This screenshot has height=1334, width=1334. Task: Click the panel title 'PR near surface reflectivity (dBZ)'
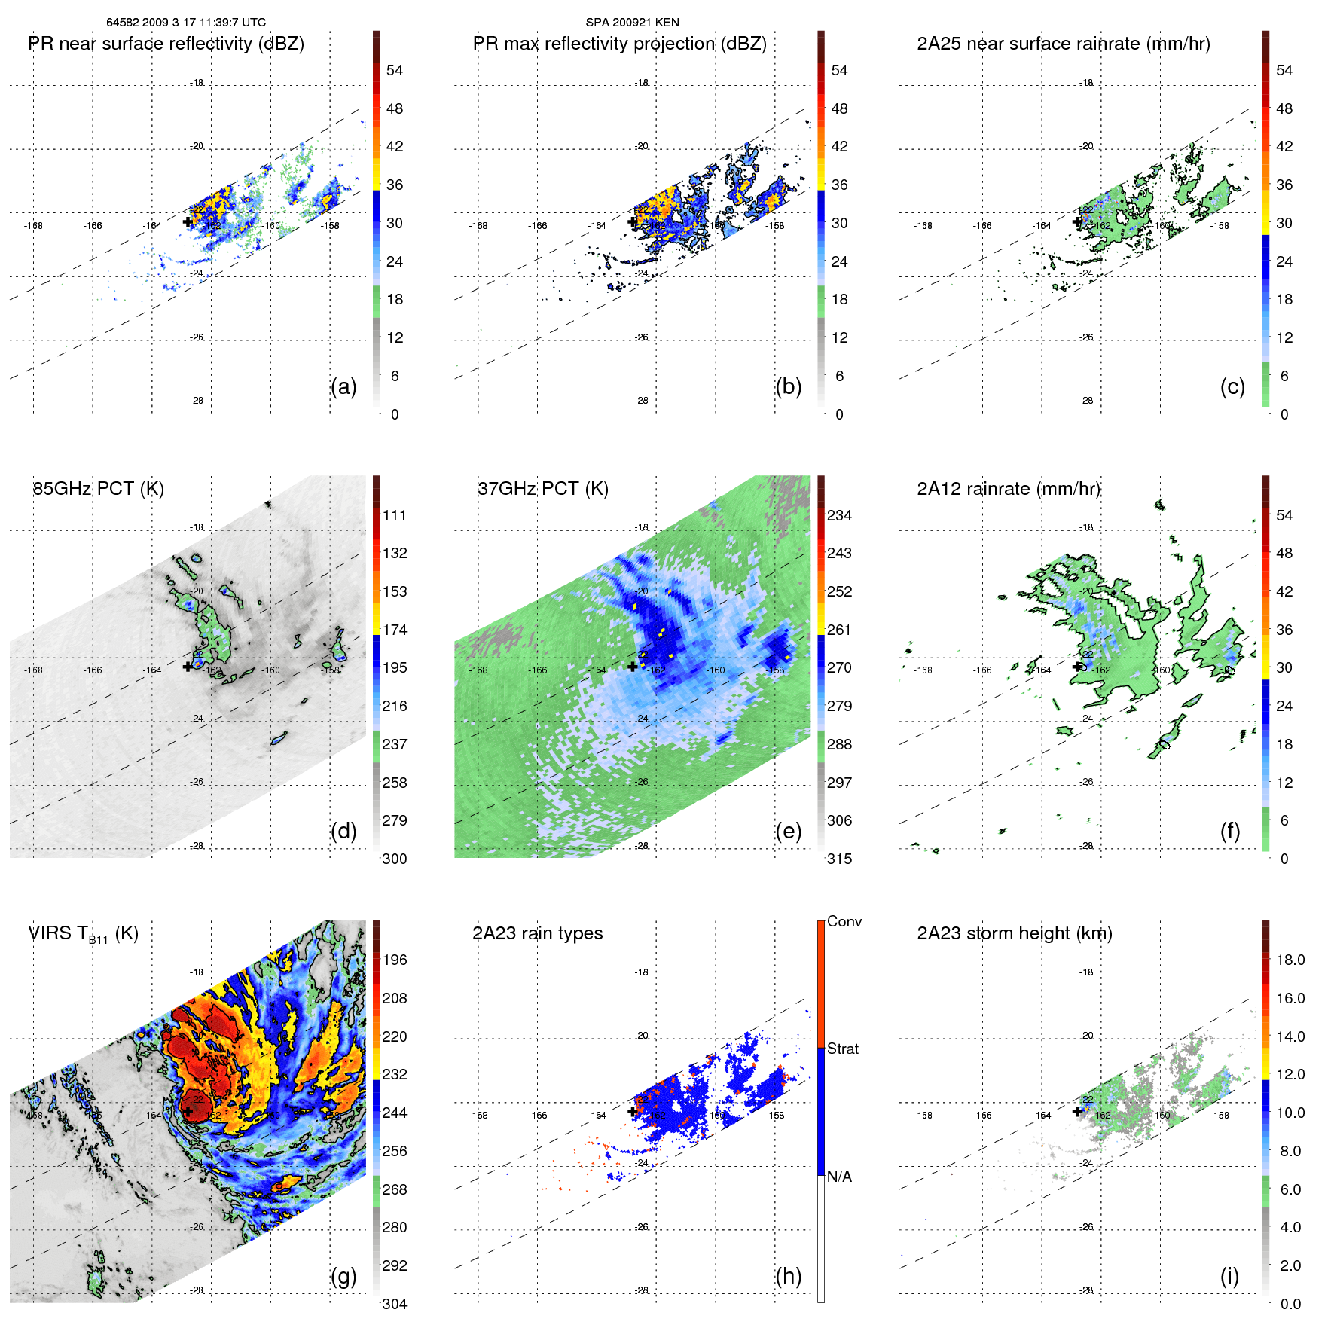[x=166, y=44]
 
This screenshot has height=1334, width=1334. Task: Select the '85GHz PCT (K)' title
[x=98, y=489]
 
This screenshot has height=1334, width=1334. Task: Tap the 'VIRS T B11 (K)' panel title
[x=83, y=934]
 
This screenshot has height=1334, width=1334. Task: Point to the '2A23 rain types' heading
[x=537, y=934]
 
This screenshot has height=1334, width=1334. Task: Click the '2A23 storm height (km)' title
[x=1014, y=934]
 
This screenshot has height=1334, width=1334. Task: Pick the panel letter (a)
[x=343, y=387]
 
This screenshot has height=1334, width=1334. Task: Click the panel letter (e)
[x=788, y=832]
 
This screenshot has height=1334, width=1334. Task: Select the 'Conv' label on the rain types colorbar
[x=844, y=922]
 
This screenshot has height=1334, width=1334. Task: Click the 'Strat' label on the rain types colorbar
[x=843, y=1049]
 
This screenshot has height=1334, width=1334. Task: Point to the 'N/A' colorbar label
[x=839, y=1177]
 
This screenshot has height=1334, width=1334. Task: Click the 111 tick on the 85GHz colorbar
[x=395, y=516]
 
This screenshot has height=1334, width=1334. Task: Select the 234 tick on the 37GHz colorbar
[x=839, y=516]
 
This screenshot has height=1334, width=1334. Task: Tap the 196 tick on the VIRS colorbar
[x=395, y=960]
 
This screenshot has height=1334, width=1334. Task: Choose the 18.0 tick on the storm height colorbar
[x=1290, y=960]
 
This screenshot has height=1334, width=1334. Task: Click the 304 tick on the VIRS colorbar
[x=395, y=1304]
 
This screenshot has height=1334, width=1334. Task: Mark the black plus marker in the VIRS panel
[x=188, y=1110]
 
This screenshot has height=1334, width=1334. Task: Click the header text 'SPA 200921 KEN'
[x=632, y=23]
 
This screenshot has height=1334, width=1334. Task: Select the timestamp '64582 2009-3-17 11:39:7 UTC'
[x=186, y=23]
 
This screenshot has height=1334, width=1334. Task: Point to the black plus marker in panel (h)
[x=632, y=1111]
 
